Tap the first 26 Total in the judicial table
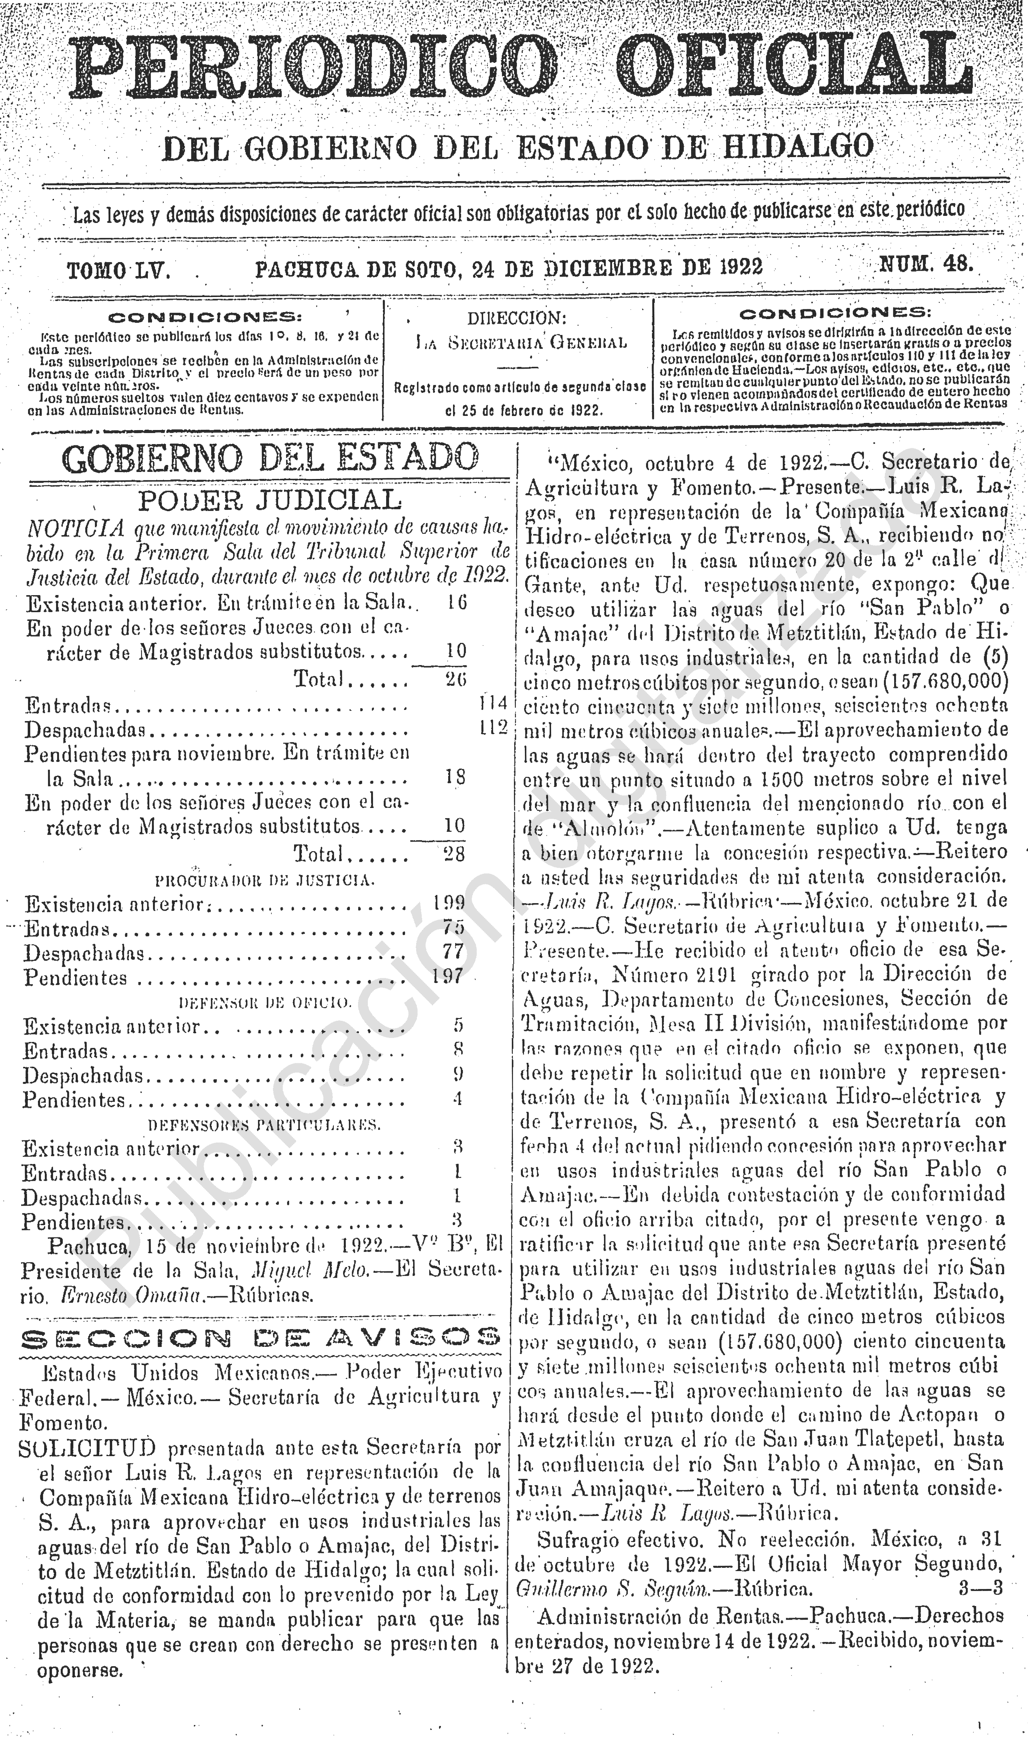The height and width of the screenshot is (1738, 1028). [456, 679]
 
